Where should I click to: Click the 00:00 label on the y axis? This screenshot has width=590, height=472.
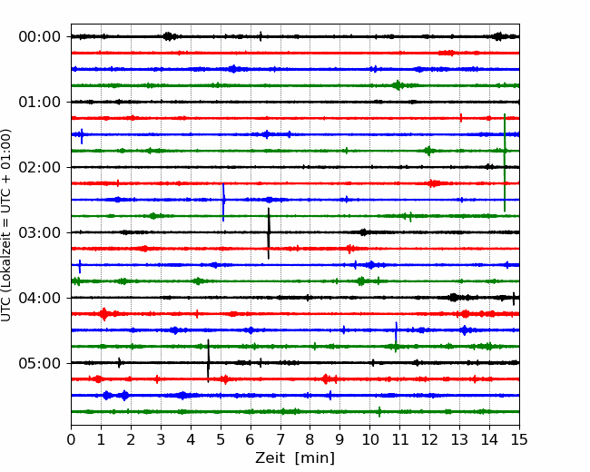point(40,37)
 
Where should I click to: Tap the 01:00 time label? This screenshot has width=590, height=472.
point(40,102)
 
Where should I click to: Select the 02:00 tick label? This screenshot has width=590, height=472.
point(40,167)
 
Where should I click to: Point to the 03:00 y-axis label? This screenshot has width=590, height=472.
point(40,232)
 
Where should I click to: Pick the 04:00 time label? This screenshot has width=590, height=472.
point(40,298)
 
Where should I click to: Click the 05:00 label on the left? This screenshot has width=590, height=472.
point(40,363)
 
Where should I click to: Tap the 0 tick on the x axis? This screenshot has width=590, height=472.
point(71,439)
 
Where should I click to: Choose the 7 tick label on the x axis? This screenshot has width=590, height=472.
point(280,439)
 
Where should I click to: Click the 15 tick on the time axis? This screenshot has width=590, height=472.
point(519,439)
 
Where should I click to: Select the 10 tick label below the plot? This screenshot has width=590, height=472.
point(369,439)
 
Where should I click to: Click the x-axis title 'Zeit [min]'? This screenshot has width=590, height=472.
point(295,458)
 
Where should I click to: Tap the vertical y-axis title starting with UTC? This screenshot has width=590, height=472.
point(5,225)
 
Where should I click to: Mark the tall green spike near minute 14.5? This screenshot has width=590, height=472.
point(505,162)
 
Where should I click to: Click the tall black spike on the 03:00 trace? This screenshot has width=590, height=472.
point(269,233)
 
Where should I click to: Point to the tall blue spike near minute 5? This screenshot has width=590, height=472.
point(223,202)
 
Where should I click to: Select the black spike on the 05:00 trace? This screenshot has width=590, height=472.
point(208,361)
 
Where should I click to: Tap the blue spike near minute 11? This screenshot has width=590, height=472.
point(396,332)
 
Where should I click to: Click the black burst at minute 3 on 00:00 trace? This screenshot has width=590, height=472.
point(170,36)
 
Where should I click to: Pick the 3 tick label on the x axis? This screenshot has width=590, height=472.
point(161,439)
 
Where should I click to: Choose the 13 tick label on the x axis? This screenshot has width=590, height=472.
point(459,439)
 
